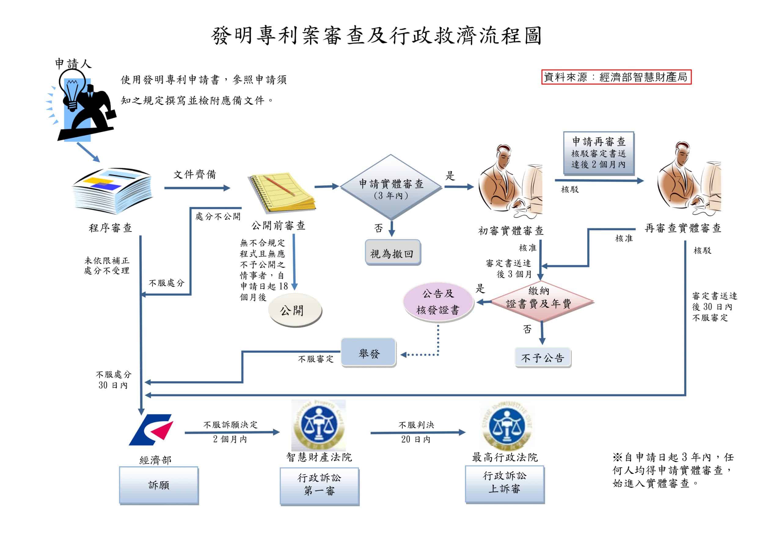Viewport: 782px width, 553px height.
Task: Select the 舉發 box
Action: point(368,352)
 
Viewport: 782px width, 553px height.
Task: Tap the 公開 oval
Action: point(295,310)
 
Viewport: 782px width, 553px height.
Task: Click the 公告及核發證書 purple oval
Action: point(438,302)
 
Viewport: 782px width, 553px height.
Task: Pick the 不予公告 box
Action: point(543,358)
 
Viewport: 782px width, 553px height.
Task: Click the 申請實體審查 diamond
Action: point(391,187)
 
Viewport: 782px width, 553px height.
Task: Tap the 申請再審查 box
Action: point(598,153)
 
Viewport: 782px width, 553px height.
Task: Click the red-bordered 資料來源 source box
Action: point(616,77)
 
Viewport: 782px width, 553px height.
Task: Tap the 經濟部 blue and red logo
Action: point(151,429)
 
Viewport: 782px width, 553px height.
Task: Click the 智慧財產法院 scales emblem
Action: point(319,426)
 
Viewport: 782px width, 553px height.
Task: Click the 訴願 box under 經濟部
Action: point(159,485)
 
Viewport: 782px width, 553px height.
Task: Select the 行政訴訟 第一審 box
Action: point(320,486)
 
